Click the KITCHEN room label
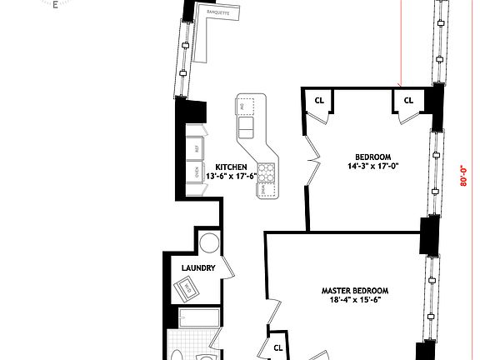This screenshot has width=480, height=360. (231, 167)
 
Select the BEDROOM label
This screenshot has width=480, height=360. (373, 157)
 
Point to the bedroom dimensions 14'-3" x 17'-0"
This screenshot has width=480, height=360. (373, 166)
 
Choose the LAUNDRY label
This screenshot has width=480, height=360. (198, 268)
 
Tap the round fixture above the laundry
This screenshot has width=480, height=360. (210, 244)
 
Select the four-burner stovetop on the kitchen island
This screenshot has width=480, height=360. (266, 173)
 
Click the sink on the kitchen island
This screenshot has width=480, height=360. (247, 127)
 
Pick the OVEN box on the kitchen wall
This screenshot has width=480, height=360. (197, 173)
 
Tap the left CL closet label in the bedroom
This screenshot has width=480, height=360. (319, 101)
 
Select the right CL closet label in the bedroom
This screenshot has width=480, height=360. (408, 101)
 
